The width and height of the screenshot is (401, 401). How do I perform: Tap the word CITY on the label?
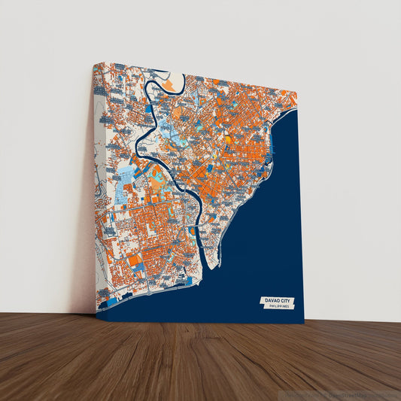(287, 300)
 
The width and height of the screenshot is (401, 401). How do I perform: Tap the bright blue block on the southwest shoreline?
(112, 301)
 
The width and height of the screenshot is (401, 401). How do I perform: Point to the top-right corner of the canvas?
(297, 94)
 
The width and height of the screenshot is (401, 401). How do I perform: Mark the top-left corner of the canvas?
(93, 64)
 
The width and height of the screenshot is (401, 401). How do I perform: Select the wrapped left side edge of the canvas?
(98, 188)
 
